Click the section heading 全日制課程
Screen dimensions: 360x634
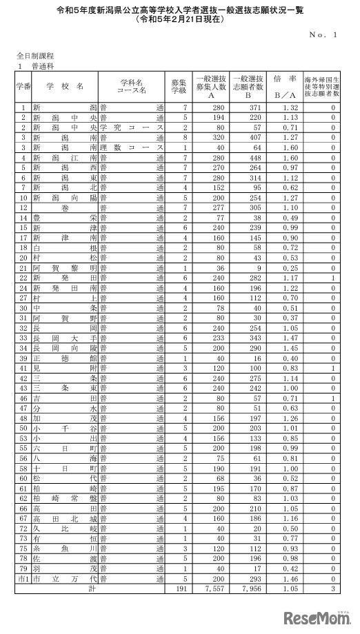point(37,54)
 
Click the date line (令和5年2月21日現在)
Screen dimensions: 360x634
point(180,19)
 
